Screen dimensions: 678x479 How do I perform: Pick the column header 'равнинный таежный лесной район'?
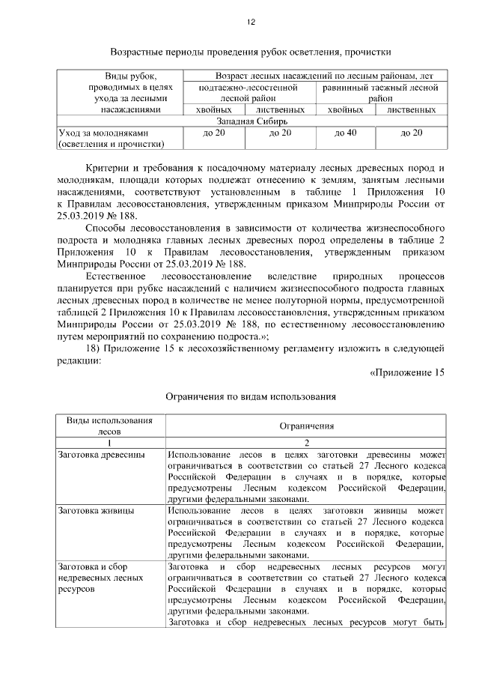379,92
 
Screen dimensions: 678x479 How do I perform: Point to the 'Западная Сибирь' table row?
251,121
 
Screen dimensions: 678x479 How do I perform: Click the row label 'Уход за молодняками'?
99,133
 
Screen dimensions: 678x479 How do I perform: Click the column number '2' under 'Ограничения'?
307,443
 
